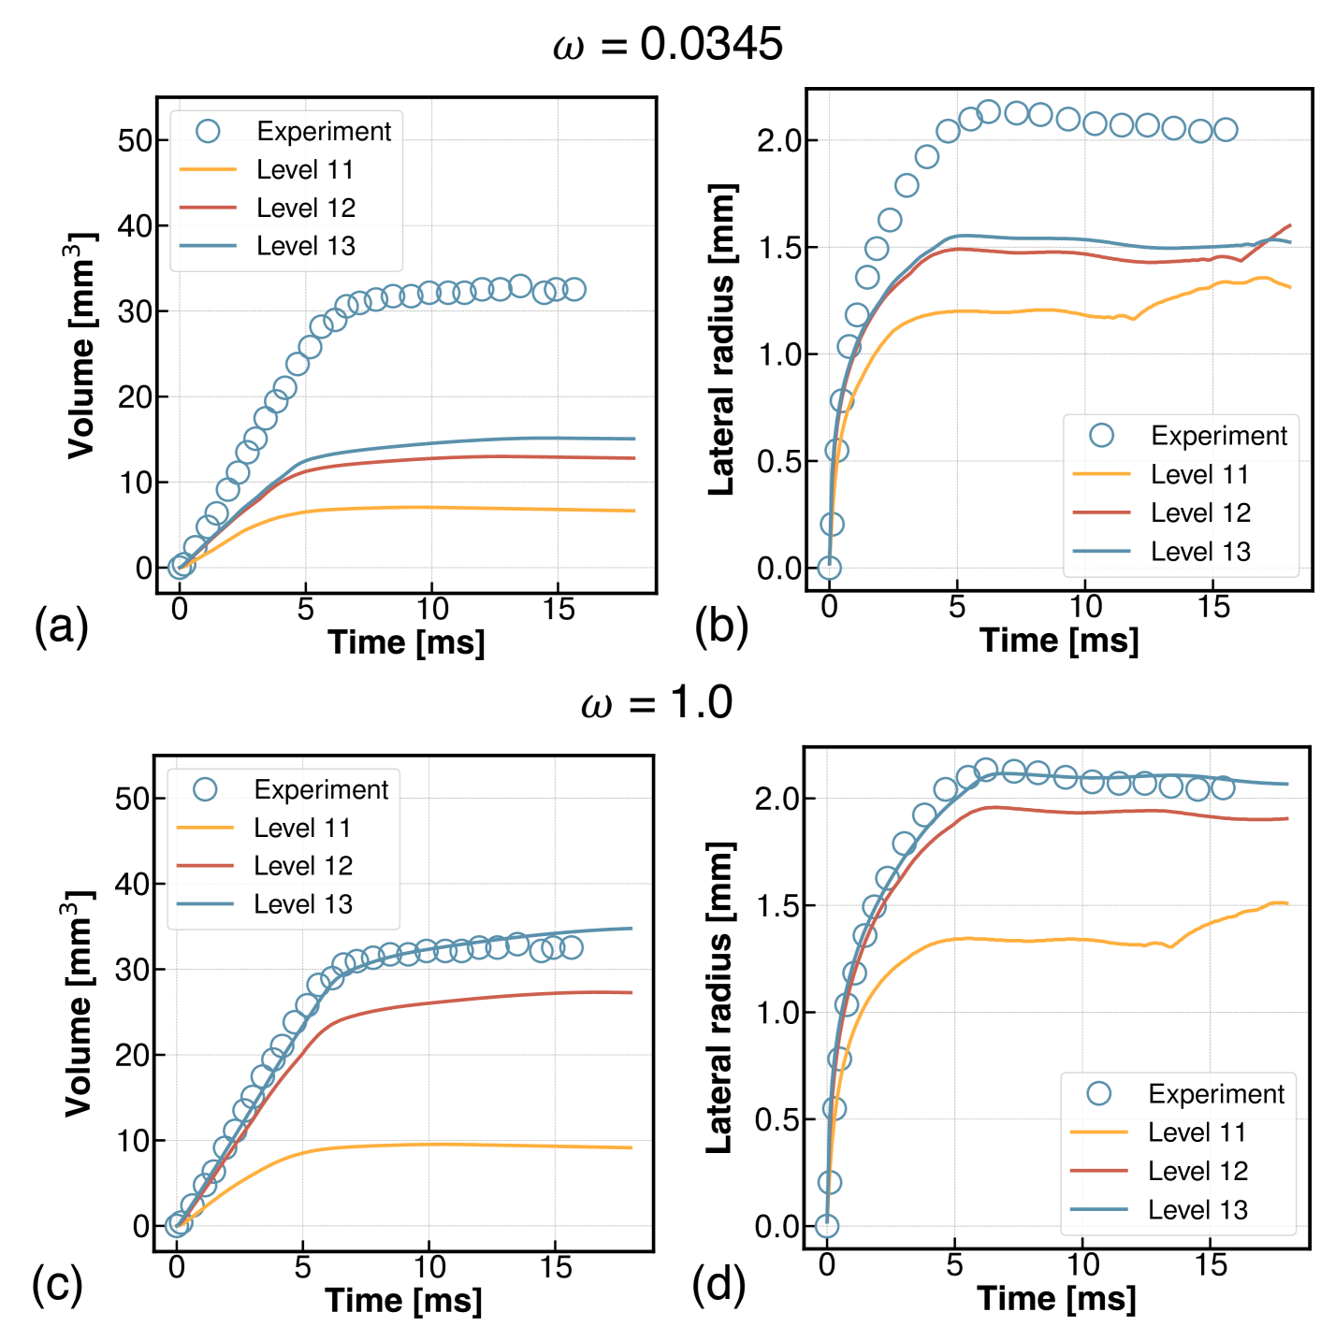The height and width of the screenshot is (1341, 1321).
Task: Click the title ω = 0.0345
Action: (667, 44)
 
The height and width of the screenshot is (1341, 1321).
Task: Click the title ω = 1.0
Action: (657, 702)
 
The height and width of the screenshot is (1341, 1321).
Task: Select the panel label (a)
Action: (61, 626)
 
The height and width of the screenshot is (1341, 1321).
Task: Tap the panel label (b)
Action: (720, 626)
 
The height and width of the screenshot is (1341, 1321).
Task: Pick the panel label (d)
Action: (719, 1284)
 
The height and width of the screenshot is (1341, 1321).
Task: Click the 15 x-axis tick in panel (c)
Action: (556, 1268)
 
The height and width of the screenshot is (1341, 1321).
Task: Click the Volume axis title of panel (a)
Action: (82, 346)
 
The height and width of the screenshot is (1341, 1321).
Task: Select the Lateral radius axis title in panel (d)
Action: (719, 998)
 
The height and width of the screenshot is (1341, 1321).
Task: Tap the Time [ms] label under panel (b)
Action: (1058, 641)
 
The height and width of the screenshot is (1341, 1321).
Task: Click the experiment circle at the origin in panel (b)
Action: (828, 568)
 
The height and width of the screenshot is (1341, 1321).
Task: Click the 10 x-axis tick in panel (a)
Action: (431, 610)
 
